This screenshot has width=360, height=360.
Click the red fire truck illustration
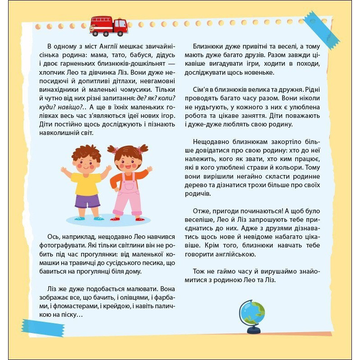108,26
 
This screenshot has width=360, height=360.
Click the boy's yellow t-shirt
86,183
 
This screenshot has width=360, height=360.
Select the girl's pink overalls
127,194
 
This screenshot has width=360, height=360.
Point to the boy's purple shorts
87,201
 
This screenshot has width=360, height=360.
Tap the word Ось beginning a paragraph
54,237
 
